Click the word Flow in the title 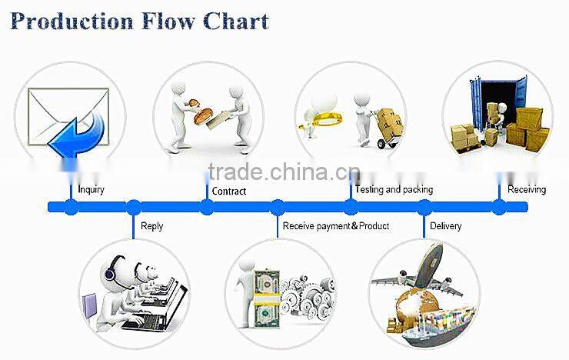pyautogui.click(x=168, y=21)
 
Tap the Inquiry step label pyautogui.click(x=91, y=190)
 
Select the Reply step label pyautogui.click(x=151, y=226)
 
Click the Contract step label pyautogui.click(x=229, y=192)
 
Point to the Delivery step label pyautogui.click(x=446, y=226)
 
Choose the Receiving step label pyautogui.click(x=527, y=190)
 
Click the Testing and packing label pyautogui.click(x=394, y=189)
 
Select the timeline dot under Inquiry pyautogui.click(x=71, y=207)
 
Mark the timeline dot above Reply pyautogui.click(x=134, y=207)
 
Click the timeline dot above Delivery pyautogui.click(x=424, y=207)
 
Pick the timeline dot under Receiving pyautogui.click(x=499, y=207)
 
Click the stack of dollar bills pyautogui.click(x=267, y=299)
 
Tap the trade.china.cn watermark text pyautogui.click(x=284, y=172)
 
